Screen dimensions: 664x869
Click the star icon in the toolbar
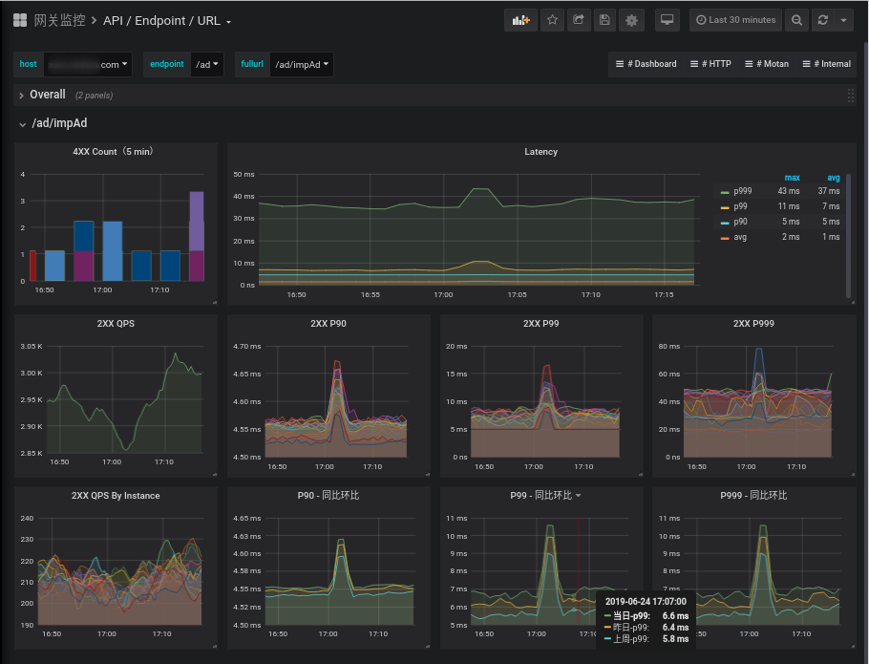point(552,20)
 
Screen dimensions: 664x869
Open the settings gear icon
point(630,20)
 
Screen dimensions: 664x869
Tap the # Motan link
point(767,64)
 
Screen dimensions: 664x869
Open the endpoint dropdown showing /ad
point(207,64)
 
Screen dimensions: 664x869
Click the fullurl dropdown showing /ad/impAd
point(302,64)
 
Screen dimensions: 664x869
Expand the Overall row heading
point(47,95)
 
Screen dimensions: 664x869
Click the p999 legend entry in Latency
point(742,191)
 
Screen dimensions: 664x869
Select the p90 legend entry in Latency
point(740,222)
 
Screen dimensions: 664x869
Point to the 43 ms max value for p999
point(788,191)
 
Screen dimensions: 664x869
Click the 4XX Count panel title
point(113,152)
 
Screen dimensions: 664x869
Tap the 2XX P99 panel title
point(540,324)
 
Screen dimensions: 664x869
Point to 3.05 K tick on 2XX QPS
point(32,346)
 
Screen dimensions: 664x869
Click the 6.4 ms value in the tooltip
point(675,628)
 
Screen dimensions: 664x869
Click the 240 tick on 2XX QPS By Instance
point(27,519)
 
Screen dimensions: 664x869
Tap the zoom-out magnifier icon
point(797,20)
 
